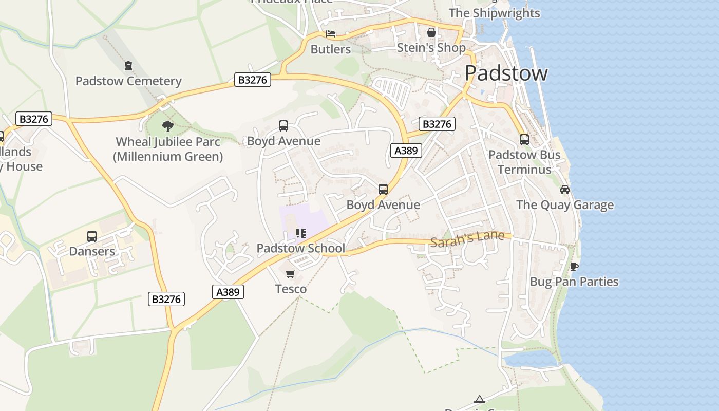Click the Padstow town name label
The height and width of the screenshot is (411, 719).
pos(506,73)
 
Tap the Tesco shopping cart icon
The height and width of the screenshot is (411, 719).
pos(291,274)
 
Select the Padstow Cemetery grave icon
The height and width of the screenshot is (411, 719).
pos(128,66)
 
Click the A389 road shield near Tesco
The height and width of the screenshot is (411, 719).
pos(228,292)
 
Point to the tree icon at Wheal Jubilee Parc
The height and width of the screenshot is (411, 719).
pos(167,126)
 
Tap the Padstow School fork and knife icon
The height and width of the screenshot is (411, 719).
pos(301,233)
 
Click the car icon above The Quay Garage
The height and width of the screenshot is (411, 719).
pos(565,189)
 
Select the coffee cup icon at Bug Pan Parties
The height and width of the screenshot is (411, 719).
pos(574,266)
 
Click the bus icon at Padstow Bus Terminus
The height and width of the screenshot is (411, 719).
pos(524,139)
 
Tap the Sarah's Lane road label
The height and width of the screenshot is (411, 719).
pos(467,239)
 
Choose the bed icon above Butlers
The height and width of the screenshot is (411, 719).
pos(331,34)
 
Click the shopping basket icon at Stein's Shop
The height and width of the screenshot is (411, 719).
pos(431,32)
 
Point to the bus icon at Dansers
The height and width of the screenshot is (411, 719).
pos(92,236)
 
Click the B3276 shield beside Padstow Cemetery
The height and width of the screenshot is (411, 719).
pos(252,80)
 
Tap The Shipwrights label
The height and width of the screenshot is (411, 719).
pos(495,13)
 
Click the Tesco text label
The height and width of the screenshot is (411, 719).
pos(291,289)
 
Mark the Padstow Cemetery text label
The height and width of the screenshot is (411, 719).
pos(128,81)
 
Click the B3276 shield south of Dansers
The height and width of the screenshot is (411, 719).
pos(166,298)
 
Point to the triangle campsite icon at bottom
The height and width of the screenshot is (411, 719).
pos(479,399)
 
